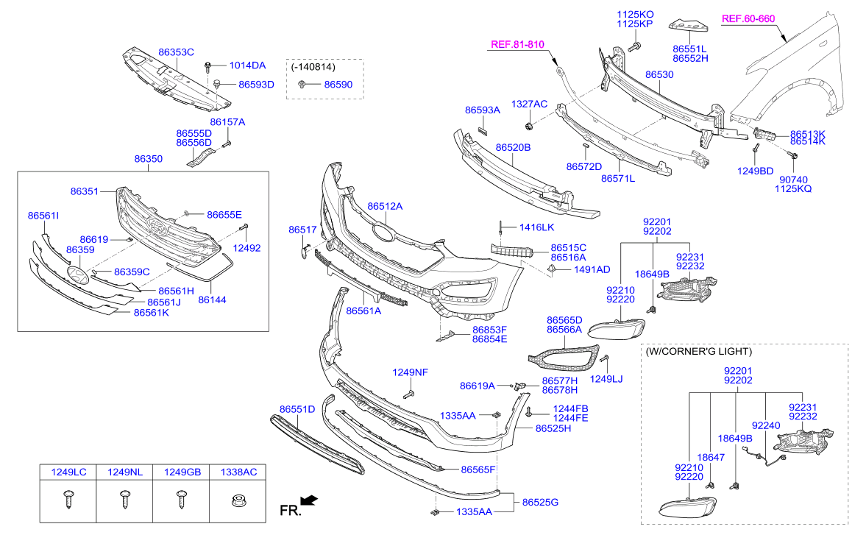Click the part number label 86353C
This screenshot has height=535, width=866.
[176, 52]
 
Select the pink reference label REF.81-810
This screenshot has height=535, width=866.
[517, 45]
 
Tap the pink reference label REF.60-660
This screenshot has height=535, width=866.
[748, 18]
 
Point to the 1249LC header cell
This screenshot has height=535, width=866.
[68, 472]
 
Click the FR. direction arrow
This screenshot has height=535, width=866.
[309, 501]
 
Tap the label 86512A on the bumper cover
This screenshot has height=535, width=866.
[385, 207]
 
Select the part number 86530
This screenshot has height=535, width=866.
[659, 75]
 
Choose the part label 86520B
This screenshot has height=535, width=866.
[513, 148]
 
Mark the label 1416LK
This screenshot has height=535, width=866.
[536, 227]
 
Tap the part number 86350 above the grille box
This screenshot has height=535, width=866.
[149, 159]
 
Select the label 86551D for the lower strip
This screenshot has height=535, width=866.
[297, 408]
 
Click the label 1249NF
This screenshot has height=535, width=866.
[410, 372]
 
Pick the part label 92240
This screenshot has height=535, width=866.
[765, 425]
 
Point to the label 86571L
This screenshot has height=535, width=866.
[618, 178]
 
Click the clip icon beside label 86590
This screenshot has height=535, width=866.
[302, 85]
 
